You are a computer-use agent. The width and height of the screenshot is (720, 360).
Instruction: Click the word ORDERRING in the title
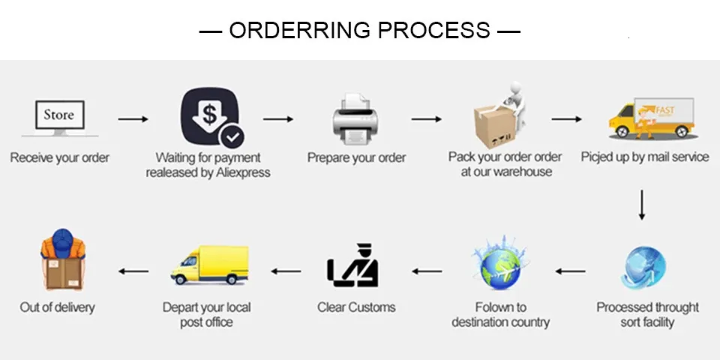point(299,30)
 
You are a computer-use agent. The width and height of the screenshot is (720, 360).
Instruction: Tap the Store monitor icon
point(60,118)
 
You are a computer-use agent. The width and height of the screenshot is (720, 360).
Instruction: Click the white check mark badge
point(232,136)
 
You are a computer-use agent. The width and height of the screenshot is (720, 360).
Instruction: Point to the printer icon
point(355,119)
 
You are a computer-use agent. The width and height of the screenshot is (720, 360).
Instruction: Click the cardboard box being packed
point(493,125)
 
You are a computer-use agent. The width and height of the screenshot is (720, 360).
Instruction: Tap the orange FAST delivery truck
point(652,118)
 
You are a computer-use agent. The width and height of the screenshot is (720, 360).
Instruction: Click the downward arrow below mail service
point(642,205)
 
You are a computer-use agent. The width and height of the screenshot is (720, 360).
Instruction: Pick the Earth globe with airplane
point(500,263)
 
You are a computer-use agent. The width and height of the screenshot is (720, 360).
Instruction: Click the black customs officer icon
point(352,265)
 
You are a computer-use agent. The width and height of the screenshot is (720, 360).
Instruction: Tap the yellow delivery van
point(210,265)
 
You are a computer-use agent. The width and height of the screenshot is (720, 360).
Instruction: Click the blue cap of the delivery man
point(63,241)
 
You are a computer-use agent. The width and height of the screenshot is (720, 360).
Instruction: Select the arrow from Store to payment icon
point(133,119)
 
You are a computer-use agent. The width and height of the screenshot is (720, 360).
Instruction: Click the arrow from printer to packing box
point(427,119)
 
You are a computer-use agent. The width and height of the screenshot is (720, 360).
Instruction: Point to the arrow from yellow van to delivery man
point(133,271)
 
